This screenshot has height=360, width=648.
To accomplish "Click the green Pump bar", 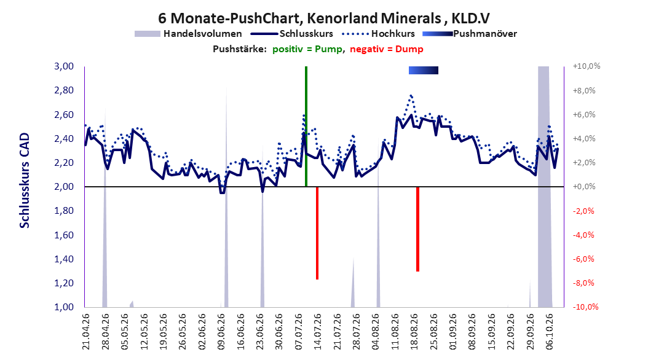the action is coord(306,127).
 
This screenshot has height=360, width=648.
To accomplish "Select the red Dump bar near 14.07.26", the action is coord(317,233).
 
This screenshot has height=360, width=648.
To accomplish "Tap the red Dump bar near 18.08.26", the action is coord(418,229).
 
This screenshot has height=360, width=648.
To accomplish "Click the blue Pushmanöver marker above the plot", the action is coord(423,70).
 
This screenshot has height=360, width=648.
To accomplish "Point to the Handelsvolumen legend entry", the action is coord(188,34).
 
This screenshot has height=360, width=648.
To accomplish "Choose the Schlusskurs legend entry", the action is coord(292,34).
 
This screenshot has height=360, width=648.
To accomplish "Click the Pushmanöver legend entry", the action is coord(470,34).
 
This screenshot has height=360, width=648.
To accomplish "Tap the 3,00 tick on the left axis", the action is coord(64,66).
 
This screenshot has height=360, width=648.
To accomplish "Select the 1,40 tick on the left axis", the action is coord(64,259).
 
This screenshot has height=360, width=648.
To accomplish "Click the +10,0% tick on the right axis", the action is coord(587,66).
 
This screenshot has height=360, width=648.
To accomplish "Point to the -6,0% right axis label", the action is coord(583,259).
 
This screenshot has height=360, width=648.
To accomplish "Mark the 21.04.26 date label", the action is coord(85,332).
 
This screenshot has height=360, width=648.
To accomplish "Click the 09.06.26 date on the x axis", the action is coord(221,332).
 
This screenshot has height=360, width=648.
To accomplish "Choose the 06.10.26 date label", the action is coord(550,332).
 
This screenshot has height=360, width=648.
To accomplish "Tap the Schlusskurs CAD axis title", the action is coord(25,181).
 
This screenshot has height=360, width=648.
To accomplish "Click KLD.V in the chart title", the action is coord(471,18).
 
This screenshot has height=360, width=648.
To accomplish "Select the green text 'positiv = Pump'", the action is coord(307,49).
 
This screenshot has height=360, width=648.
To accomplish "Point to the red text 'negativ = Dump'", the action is coord(387,49).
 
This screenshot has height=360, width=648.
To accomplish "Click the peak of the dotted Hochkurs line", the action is coord(411,95).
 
